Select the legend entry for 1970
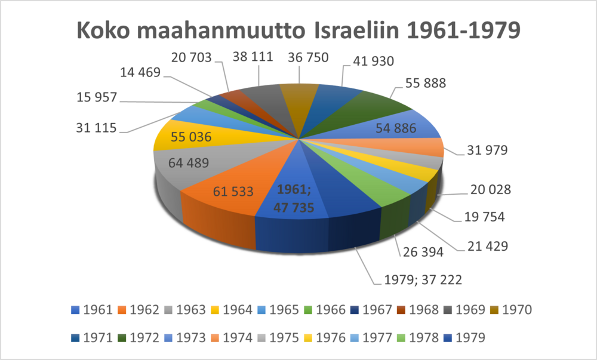coord(510,310)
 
